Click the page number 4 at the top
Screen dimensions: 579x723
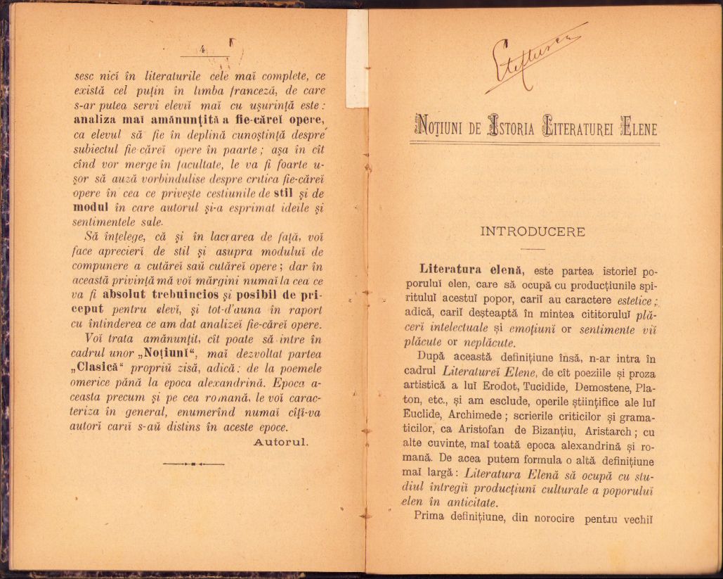tap(202, 50)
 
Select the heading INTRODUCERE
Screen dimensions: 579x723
tap(533, 231)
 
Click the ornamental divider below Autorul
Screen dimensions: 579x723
tap(193, 464)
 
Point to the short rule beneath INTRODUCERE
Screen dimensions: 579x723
tap(533, 249)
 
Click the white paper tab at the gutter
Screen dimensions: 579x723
tap(356, 57)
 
